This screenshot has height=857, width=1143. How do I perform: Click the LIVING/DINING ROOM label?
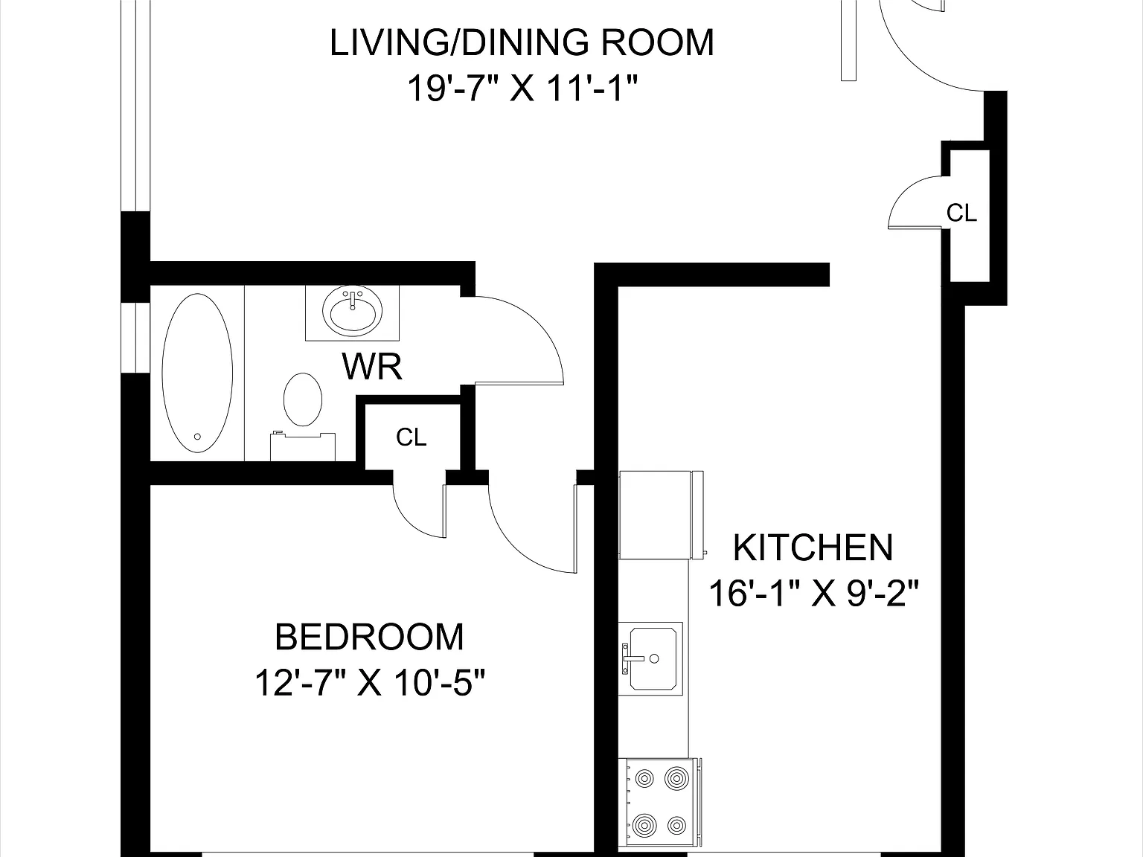(x=522, y=42)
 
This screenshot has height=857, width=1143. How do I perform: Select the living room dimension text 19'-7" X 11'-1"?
(x=522, y=89)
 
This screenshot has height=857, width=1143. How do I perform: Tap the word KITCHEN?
(x=813, y=548)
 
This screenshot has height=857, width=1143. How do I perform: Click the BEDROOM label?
(x=369, y=637)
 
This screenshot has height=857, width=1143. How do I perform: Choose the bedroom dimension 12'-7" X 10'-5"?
(x=370, y=683)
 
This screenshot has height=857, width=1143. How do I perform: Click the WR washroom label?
(x=372, y=367)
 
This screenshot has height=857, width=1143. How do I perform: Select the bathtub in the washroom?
(x=197, y=373)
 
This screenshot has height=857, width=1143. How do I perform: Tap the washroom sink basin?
(x=353, y=311)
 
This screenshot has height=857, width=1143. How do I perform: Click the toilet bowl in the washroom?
(x=303, y=399)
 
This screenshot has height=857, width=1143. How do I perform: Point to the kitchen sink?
(x=653, y=658)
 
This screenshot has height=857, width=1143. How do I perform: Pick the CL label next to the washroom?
(x=411, y=437)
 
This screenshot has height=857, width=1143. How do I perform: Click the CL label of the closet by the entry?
(x=961, y=213)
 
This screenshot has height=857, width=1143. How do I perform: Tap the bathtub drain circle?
(x=197, y=437)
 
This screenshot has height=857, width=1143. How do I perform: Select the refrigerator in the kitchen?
(x=660, y=515)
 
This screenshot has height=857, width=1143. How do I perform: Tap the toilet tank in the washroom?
(x=303, y=446)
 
